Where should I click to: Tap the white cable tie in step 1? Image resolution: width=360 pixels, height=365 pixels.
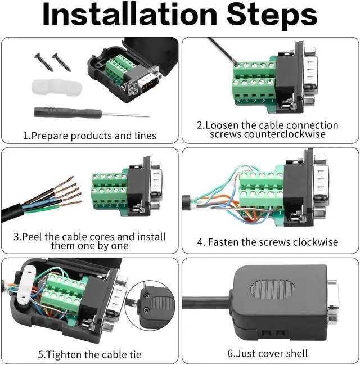point(55,88)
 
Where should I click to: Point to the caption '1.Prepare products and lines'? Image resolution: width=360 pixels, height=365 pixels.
point(89,136)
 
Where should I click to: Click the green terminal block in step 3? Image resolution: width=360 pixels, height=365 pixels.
point(109,191)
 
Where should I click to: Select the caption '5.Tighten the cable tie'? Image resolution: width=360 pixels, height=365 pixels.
point(89,354)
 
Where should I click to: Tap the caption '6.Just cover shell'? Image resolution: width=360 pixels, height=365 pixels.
point(268,353)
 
